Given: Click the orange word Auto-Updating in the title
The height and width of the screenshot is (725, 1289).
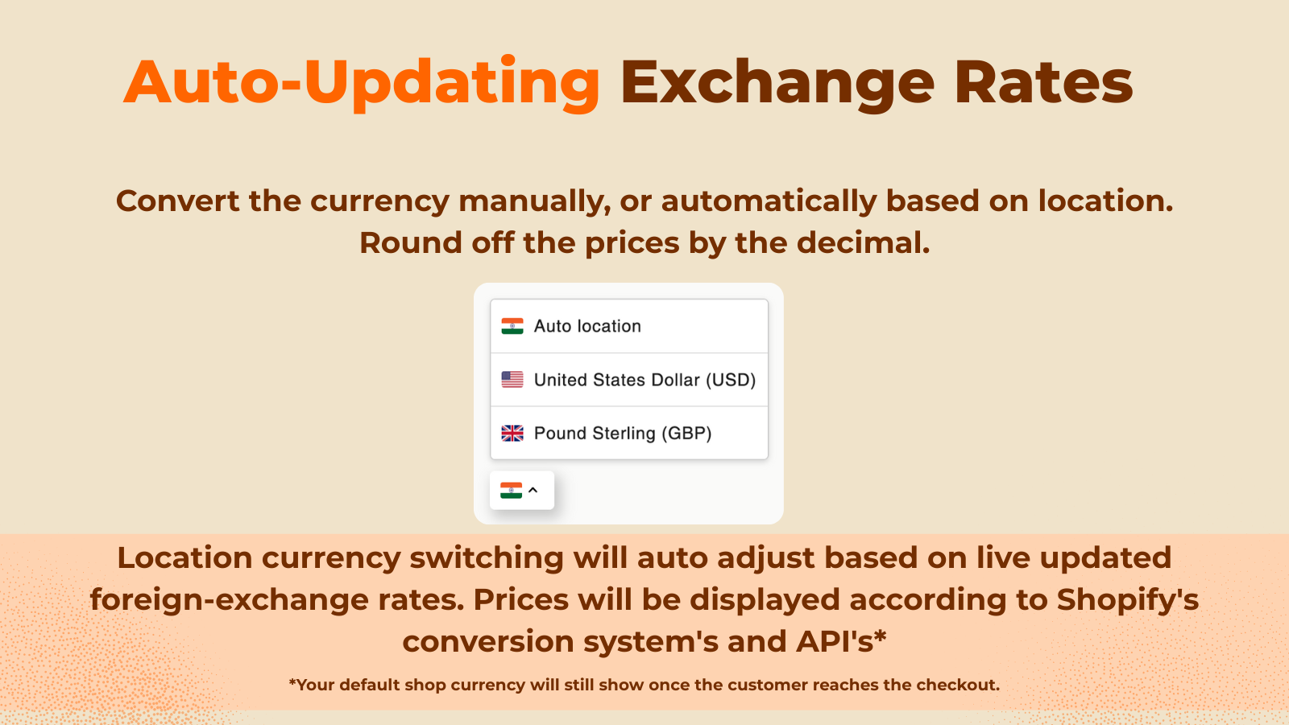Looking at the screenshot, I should (x=362, y=82).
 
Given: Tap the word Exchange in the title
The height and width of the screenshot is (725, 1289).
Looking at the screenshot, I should (x=777, y=82).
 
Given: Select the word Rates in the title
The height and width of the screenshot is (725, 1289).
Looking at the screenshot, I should (x=1043, y=82).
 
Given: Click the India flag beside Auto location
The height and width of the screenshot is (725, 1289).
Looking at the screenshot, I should (x=512, y=326).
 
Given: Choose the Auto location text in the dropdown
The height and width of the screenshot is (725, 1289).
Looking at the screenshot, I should (x=587, y=326).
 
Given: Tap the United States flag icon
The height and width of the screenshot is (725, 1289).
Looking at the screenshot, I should (x=512, y=379).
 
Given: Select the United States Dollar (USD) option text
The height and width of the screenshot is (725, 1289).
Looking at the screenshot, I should (x=644, y=379).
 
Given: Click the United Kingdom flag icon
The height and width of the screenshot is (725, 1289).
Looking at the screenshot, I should (x=512, y=433).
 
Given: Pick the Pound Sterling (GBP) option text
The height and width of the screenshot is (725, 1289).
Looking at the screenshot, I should (x=623, y=433).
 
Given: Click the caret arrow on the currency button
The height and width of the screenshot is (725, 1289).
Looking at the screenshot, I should (x=533, y=490).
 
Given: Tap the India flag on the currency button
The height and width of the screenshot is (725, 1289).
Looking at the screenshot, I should (x=511, y=490).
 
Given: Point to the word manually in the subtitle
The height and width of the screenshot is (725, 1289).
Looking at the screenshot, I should (x=534, y=201).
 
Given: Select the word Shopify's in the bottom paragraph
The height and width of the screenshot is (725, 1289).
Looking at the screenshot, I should (x=1128, y=600).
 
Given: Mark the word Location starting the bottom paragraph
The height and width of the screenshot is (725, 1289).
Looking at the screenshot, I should (x=184, y=558).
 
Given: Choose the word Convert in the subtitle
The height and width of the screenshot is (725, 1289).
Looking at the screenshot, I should (x=177, y=201).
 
